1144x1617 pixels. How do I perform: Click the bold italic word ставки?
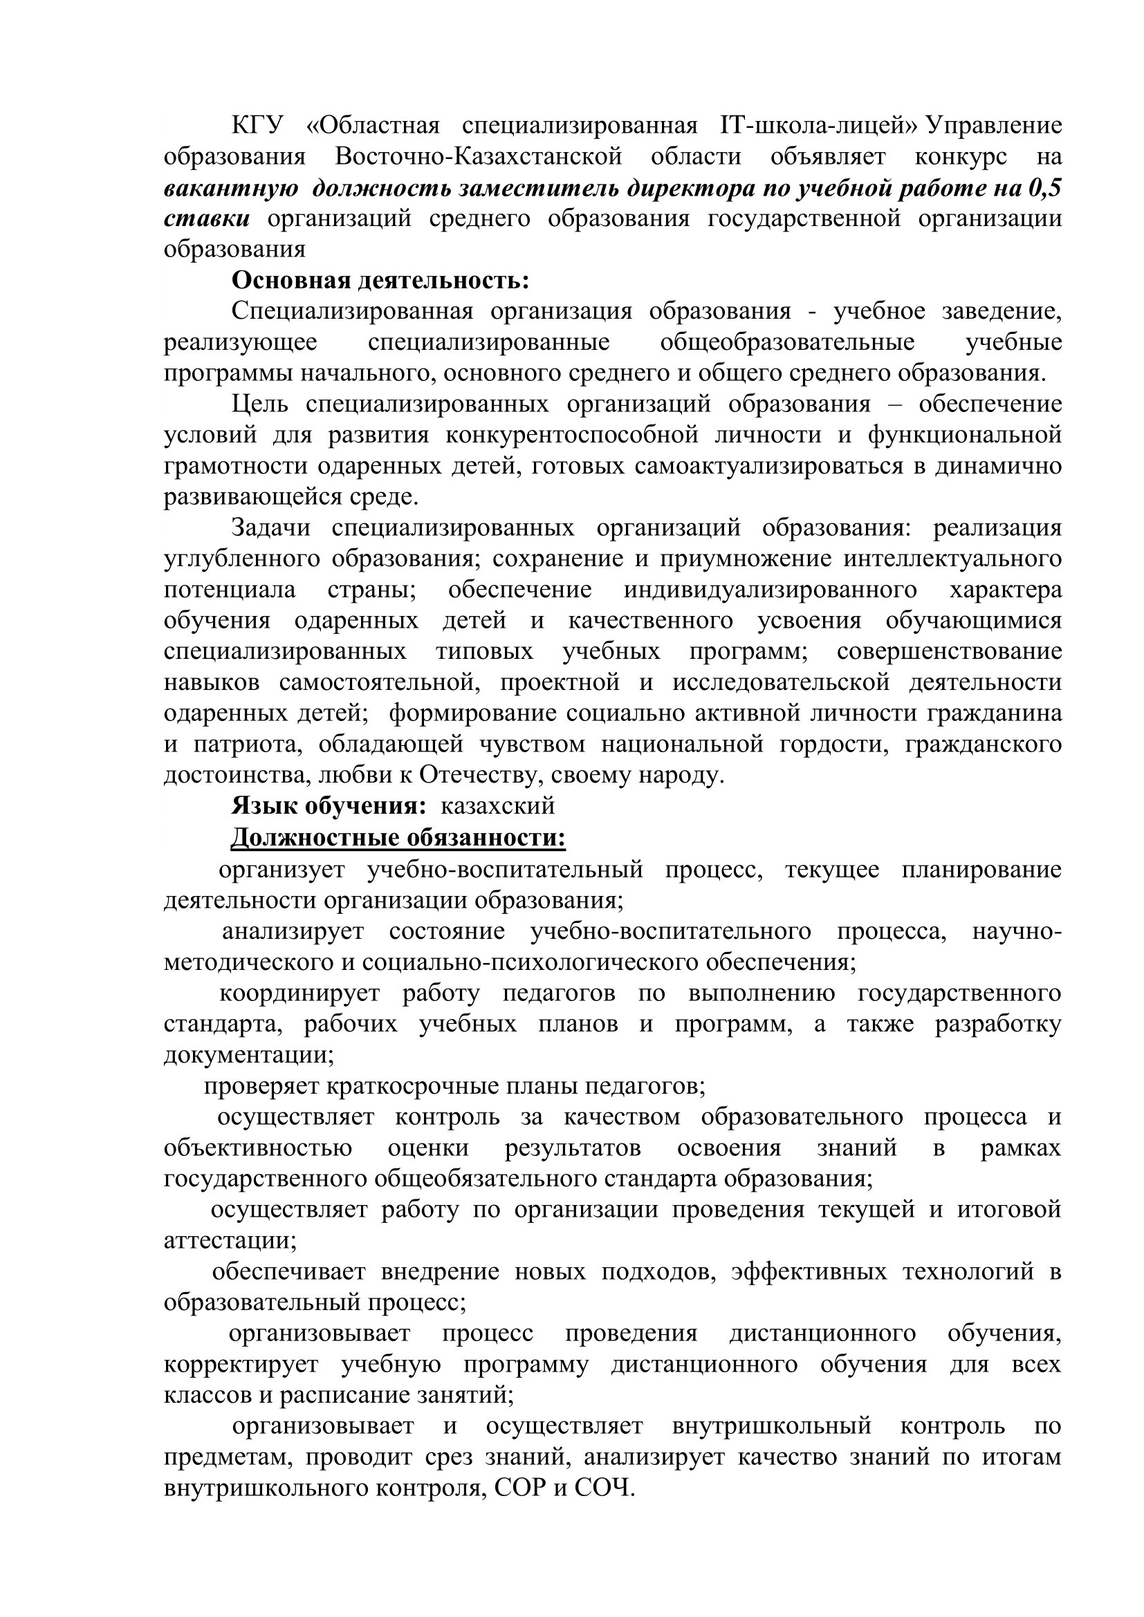[206, 219]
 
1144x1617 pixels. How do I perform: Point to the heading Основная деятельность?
[380, 281]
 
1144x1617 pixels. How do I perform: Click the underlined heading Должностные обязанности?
[398, 838]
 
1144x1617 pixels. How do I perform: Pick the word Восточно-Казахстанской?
[479, 157]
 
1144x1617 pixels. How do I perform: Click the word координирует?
[299, 993]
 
